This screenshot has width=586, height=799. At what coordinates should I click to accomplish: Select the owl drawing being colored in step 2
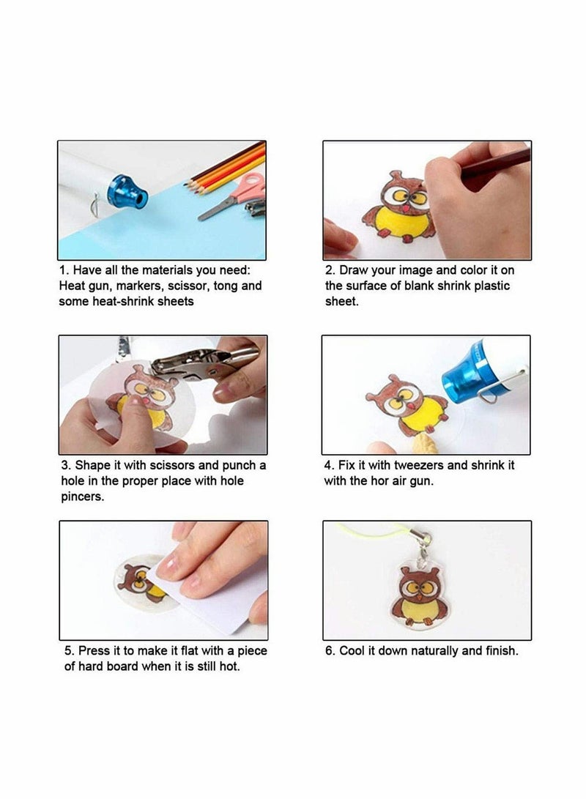[400, 208]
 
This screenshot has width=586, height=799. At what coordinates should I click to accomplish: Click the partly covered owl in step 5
[144, 581]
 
